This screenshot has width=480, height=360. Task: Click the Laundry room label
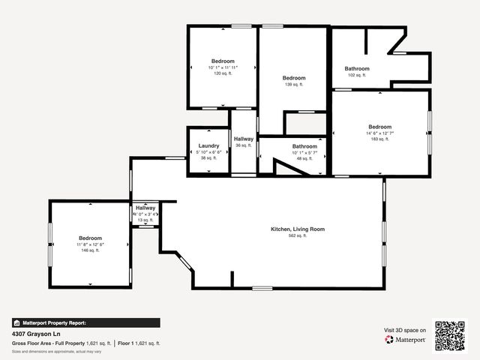208,145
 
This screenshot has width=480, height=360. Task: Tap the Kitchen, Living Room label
298,229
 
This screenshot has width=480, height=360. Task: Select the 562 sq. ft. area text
298,235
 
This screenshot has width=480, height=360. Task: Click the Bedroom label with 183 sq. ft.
379,127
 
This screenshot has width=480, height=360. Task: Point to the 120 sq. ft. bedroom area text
223,74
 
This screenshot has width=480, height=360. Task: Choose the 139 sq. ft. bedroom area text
294,85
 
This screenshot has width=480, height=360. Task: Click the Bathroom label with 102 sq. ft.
357,68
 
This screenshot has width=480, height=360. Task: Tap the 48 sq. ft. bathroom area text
304,159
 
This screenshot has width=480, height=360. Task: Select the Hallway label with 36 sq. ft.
244,139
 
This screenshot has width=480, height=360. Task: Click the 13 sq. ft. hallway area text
145,220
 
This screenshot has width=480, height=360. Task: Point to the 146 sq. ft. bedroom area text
90,250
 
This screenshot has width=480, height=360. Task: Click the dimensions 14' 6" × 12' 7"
379,133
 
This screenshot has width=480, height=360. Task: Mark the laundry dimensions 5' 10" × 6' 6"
208,152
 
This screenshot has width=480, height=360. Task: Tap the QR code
451,335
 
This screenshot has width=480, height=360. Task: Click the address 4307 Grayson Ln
35,334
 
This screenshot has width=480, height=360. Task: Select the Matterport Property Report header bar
85,322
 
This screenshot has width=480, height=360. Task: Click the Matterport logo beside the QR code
406,340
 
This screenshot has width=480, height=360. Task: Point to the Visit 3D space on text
405,330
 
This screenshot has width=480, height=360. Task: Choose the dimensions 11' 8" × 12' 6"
90,244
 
